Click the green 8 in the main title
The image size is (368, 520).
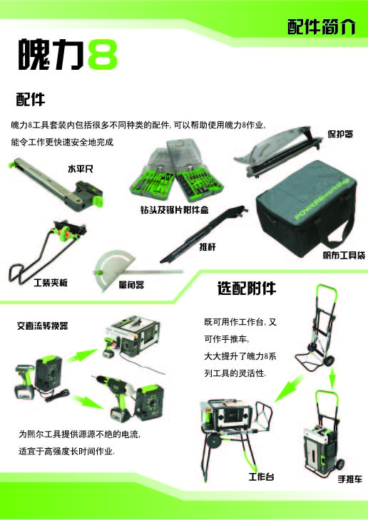click(x=103, y=54)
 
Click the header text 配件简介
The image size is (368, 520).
click(x=321, y=26)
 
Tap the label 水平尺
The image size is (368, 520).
click(x=81, y=169)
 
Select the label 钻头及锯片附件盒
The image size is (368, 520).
click(x=174, y=209)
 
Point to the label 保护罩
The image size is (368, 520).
click(x=340, y=134)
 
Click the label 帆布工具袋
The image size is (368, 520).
click(x=344, y=255)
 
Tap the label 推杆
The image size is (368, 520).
click(x=208, y=246)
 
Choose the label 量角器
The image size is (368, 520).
click(x=131, y=284)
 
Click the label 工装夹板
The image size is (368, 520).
click(x=51, y=283)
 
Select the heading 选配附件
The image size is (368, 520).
click(x=247, y=288)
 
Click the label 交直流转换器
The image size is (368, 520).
click(x=43, y=326)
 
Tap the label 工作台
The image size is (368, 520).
click(x=262, y=477)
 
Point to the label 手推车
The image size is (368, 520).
click(x=349, y=479)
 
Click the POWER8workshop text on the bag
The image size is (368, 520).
click(x=322, y=199)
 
